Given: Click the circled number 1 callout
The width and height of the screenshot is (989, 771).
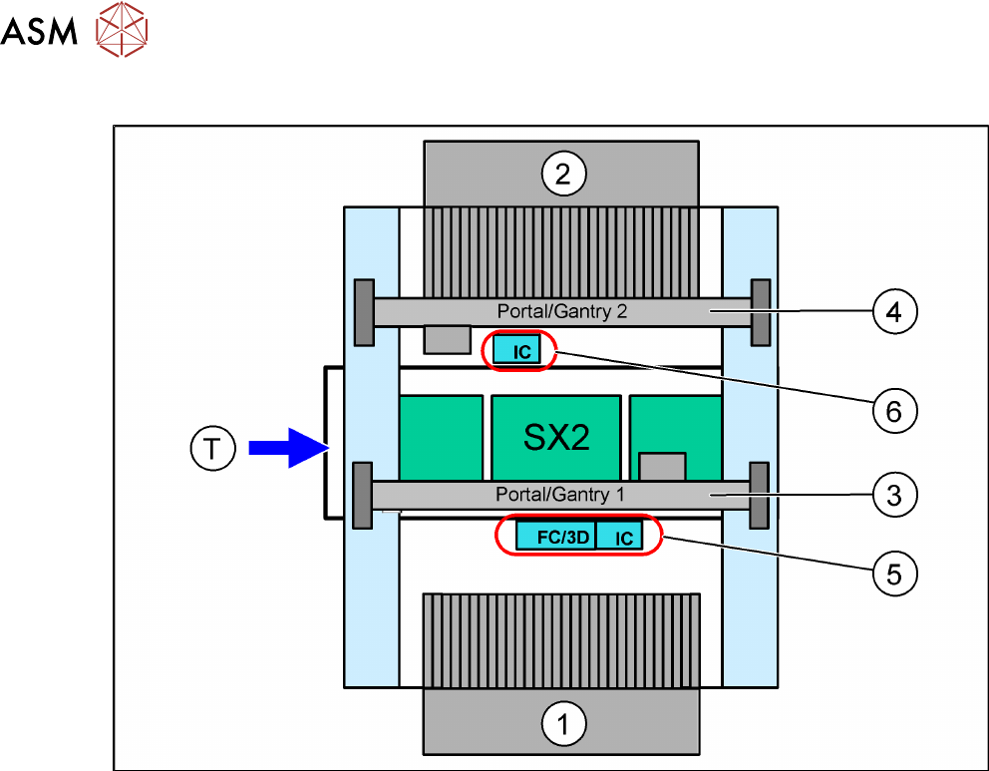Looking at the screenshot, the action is coord(564,724).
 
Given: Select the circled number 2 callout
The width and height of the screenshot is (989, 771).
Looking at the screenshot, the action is coord(564,174).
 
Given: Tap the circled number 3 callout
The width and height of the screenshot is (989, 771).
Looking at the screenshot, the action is coord(894,496).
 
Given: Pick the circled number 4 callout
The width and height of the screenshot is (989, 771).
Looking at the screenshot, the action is coord(894,311).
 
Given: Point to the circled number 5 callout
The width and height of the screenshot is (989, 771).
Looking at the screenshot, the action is coord(894,575).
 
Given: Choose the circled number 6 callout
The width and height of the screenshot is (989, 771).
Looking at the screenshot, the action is coord(894,411).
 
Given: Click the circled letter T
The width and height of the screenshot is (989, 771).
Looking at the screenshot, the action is coord(212,449).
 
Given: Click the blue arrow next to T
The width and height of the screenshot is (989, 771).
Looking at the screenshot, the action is coord(289,448).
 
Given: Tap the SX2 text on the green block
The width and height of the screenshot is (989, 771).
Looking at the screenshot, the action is coord(556,437).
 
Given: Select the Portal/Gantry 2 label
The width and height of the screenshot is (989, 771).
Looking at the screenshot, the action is coord(562,311).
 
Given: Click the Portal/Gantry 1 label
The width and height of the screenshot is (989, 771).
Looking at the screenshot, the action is coord(560,494).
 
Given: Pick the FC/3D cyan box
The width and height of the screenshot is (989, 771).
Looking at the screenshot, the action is coord(555,536).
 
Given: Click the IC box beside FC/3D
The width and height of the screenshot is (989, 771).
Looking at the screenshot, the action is coord(619,536).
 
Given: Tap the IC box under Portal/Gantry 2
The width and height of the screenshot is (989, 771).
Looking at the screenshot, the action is coord(516,350).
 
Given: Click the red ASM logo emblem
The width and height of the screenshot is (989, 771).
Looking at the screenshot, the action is coord(122,29).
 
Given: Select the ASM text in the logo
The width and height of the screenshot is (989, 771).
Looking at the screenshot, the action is coord(39,31).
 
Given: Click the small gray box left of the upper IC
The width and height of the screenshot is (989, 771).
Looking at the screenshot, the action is coord(448,339).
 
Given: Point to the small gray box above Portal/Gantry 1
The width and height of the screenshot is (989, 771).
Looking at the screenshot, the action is coord(662,467).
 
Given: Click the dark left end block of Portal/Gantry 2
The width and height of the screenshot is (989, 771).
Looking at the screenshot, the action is coord(364,312).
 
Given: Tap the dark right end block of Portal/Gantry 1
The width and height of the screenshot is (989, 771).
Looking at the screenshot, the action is coord(759,496).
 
